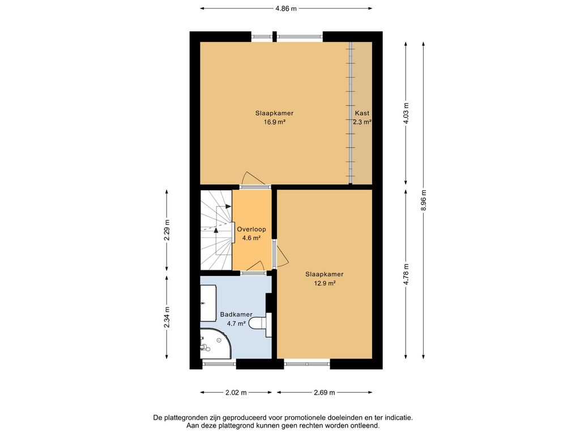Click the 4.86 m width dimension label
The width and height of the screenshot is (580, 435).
coord(286,8)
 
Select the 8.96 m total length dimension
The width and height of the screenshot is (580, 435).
coord(424,200)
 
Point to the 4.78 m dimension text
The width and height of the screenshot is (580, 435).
coord(406,274)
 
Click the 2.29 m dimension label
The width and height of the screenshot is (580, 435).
coord(167,230)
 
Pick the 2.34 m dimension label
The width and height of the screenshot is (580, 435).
coord(167,317)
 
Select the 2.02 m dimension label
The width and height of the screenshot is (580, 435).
coord(236,393)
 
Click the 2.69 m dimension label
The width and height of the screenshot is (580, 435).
coord(325,393)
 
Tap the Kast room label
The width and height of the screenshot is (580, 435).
coord(362,113)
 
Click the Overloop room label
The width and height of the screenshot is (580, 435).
coord(251,229)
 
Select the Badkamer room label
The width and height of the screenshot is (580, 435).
coord(236,314)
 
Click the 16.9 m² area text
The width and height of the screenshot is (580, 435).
coord(275,122)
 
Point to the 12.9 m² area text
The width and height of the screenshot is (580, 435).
coord(325,283)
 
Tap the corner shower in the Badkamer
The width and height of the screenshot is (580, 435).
coord(216,343)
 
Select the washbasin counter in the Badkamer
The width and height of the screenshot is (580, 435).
coord(208,303)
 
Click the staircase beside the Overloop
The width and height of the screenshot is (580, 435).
coord(216,230)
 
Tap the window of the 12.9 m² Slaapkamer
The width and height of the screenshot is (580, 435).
coord(307,364)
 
